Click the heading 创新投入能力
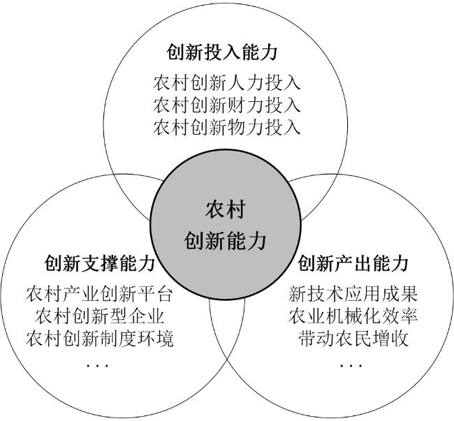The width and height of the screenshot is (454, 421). tap(222, 52)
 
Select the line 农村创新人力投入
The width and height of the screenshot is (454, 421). tap(227, 83)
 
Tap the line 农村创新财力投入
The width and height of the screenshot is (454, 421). tap(227, 105)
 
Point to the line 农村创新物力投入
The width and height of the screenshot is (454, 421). tap(227, 127)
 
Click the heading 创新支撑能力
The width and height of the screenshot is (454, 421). tap(100, 263)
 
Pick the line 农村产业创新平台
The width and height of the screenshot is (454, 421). tap(100, 294)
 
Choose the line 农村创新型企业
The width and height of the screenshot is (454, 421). tap(100, 316)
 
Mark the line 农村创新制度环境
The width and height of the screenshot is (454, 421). tap(100, 338)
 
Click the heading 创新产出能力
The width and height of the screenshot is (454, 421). tap(353, 263)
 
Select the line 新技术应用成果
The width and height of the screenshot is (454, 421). tap(353, 294)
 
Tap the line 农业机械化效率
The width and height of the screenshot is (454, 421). tap(353, 316)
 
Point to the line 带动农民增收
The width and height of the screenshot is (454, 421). tap(353, 338)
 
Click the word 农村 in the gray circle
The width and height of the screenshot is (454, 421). tap(226, 209)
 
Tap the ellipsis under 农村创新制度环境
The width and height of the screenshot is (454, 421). tap(97, 366)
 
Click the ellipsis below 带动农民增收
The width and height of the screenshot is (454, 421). tap(351, 366)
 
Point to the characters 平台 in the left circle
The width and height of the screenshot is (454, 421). tap(155, 294)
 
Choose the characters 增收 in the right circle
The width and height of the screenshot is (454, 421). tap(390, 338)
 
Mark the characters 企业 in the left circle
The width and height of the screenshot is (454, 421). tap(147, 316)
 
